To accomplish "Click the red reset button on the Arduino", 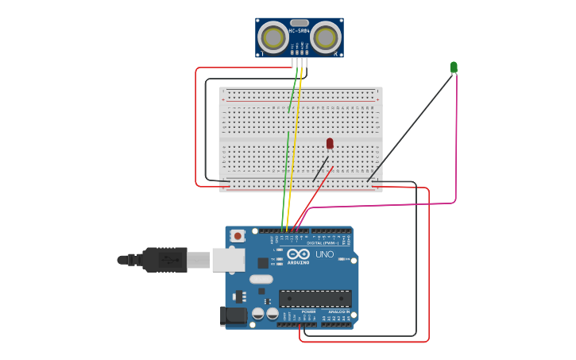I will click(238, 235).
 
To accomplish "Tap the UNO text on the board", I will click(325, 254).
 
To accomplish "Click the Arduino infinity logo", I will click(299, 254).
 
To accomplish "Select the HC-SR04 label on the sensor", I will click(299, 31).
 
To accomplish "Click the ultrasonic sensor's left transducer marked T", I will click(273, 37).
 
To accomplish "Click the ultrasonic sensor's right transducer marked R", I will click(325, 37).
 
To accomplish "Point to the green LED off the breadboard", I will click(454, 68).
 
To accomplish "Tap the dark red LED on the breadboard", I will click(330, 143).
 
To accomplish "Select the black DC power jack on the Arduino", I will click(234, 315).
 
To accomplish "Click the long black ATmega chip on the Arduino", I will click(315, 299).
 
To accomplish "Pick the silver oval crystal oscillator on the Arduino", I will click(261, 279).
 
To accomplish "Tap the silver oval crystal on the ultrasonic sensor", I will click(299, 23).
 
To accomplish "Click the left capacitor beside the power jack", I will click(258, 314).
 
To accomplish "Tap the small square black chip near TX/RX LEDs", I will click(263, 262).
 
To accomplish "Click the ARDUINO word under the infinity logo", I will click(299, 261).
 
